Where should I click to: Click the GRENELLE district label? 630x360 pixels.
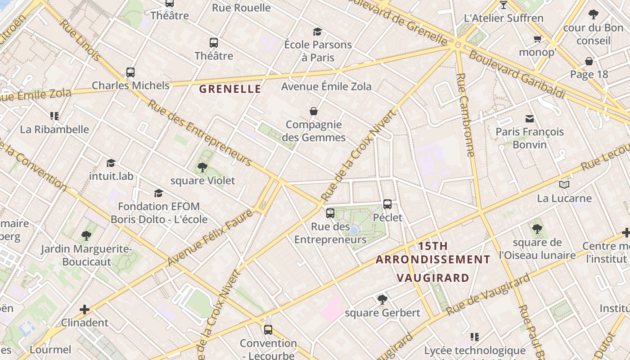tap(230, 89)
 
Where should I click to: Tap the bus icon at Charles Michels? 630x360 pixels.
tap(130, 72)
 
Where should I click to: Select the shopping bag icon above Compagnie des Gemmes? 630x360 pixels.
tap(314, 111)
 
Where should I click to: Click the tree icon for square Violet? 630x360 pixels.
tap(202, 167)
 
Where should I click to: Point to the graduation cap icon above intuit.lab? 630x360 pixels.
tap(111, 163)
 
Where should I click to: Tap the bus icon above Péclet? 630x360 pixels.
tap(387, 204)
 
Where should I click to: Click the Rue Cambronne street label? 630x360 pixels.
tap(465, 115)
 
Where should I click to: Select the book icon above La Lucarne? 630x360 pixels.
tap(564, 184)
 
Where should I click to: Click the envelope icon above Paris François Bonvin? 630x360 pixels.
tap(530, 119)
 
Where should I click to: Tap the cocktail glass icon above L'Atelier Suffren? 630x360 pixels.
tap(504, 5)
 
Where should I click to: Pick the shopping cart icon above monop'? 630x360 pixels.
tap(537, 39)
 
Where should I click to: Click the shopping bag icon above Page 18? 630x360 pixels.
tap(589, 61)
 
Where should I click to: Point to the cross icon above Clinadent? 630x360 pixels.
tap(85, 310)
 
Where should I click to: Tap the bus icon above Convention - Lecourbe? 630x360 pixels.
tap(268, 330)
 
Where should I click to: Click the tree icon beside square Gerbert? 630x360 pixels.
tap(382, 299)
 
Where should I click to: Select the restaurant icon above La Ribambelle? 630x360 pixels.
tap(54, 116)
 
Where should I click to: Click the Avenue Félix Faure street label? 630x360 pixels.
tap(210, 237)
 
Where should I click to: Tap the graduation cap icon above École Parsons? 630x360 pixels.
tap(318, 31)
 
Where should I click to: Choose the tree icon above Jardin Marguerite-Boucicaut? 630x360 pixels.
tap(86, 236)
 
